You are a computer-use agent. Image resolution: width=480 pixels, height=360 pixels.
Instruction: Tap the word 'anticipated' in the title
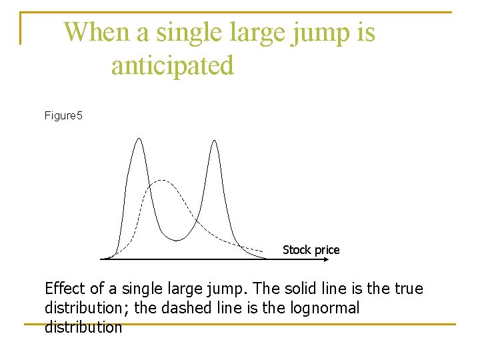pos(173,65)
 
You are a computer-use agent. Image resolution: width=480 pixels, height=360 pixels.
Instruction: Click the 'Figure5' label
pos(63,116)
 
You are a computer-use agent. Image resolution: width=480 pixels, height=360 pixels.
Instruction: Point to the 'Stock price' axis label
pos(311,250)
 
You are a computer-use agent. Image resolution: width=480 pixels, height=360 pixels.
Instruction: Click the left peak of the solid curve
pos(139,139)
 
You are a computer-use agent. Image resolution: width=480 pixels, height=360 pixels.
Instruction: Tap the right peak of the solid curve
pos(214,141)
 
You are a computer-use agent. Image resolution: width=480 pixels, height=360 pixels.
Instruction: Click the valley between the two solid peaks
pos(176,239)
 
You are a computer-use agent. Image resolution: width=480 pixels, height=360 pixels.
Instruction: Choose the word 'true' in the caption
pos(407,289)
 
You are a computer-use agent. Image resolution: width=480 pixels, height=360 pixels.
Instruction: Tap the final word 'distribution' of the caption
pos(83,327)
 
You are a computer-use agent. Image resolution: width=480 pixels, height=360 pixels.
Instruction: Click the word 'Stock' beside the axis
pos(297,250)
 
